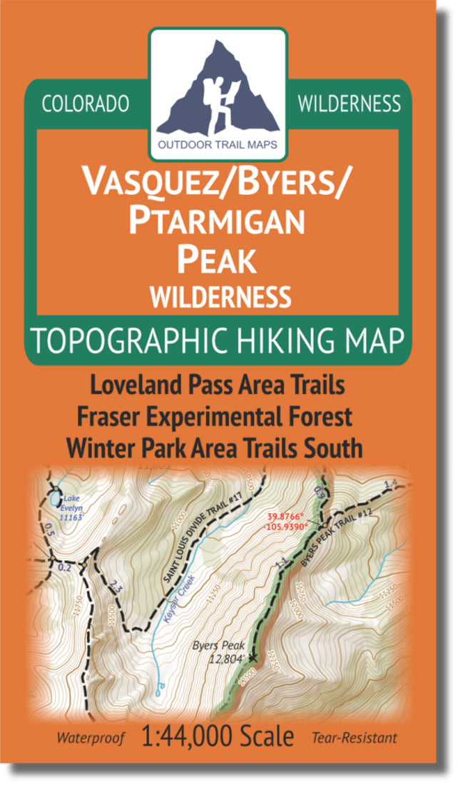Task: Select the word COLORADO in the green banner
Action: (86, 104)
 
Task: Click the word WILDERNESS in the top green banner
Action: (349, 104)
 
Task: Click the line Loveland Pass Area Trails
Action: (218, 385)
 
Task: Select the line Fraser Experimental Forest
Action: (218, 417)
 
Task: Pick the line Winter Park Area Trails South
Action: (214, 449)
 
